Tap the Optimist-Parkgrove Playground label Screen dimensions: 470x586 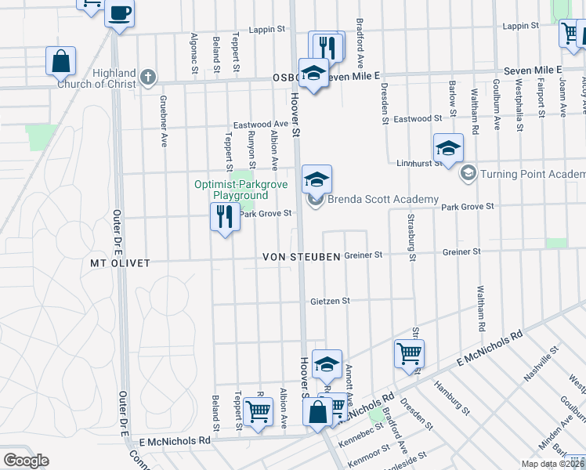click(231, 190)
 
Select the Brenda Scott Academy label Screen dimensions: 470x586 click(382, 199)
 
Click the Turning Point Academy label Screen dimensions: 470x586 click(532, 173)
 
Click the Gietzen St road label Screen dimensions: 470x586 click(329, 300)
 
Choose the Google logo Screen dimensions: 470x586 click(26, 461)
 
